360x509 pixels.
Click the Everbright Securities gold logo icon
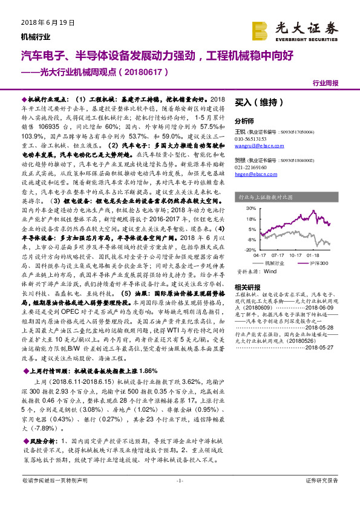(261, 30)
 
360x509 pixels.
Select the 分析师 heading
(244, 120)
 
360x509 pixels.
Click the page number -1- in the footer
(179, 497)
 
